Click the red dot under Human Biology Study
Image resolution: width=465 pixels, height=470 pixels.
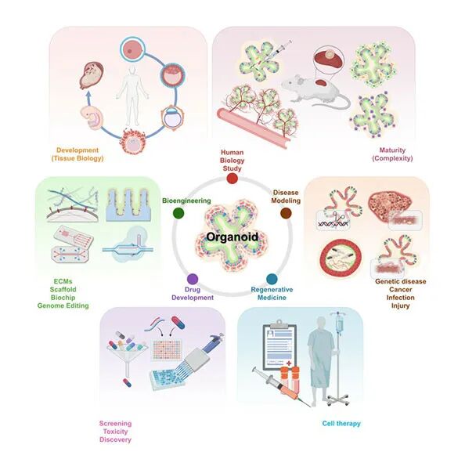tap(232, 179)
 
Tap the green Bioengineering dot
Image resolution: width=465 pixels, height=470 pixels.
tap(178, 213)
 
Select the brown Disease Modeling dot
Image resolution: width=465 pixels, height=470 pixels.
tap(286, 213)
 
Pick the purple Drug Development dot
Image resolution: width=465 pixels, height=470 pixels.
tap(193, 279)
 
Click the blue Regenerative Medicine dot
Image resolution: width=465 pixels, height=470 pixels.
tap(272, 279)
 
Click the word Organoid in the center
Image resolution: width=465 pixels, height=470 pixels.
tap(232, 237)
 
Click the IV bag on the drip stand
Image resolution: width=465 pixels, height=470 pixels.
tap(340, 325)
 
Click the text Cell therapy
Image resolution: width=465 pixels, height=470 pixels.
tap(341, 424)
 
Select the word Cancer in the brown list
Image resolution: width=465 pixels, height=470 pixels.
tap(401, 290)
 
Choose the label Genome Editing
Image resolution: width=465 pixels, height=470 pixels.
tap(63, 305)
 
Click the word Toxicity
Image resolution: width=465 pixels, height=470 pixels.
tap(115, 432)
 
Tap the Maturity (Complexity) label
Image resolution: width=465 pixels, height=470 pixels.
tap(392, 154)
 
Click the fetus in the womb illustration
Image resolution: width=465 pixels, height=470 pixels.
tap(92, 75)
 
